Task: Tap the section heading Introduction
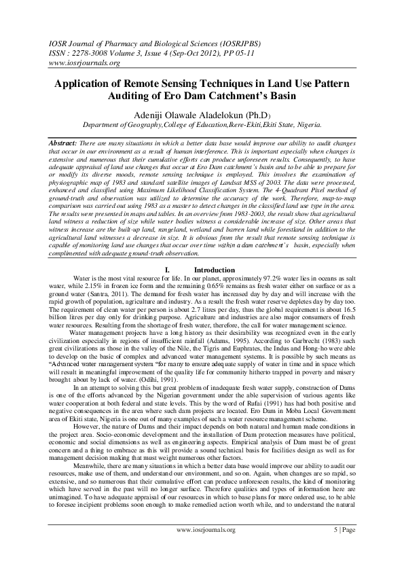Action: (x=214, y=270)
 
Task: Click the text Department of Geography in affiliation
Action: (x=120, y=125)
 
